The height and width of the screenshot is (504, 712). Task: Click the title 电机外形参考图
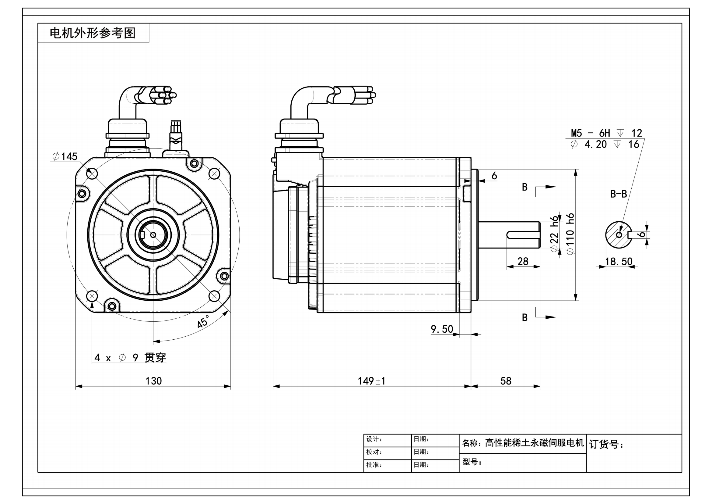coord(93,33)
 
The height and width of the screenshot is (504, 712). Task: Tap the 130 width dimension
coord(153,381)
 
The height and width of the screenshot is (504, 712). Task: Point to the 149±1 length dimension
coord(371,381)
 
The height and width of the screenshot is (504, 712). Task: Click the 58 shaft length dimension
coord(506,381)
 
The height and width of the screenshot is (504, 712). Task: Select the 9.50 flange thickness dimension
coord(442,329)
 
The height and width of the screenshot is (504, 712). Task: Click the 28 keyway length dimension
coord(523,261)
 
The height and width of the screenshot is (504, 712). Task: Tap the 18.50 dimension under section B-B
coord(619,262)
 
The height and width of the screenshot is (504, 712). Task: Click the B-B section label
coord(618,194)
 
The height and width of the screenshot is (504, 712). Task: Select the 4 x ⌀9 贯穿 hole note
coord(130,358)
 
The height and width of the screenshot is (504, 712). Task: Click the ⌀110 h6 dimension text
coord(570,234)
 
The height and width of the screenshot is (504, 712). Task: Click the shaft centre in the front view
coord(153,235)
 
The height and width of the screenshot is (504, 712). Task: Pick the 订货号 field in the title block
coord(606,444)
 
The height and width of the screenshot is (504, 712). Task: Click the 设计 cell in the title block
coord(374,439)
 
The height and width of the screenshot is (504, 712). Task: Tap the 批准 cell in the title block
coord(374,465)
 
